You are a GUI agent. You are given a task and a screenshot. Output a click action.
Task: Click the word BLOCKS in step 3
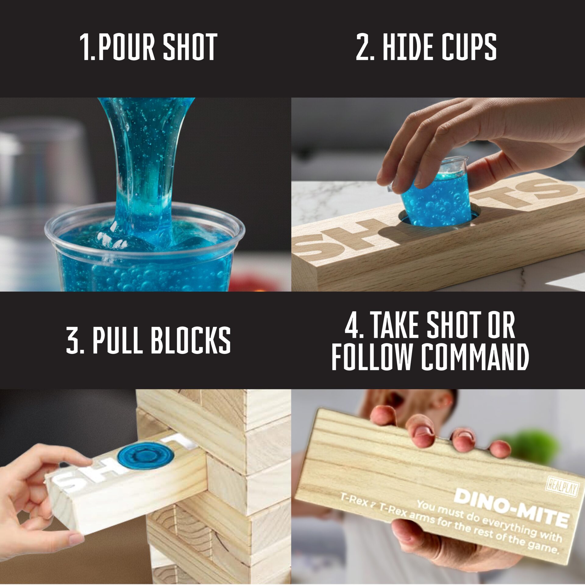pyautogui.click(x=191, y=340)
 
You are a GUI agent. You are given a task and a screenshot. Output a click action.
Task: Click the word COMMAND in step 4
pyautogui.click(x=475, y=356)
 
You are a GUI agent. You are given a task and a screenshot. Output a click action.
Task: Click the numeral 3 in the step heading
pyautogui.click(x=73, y=340)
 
